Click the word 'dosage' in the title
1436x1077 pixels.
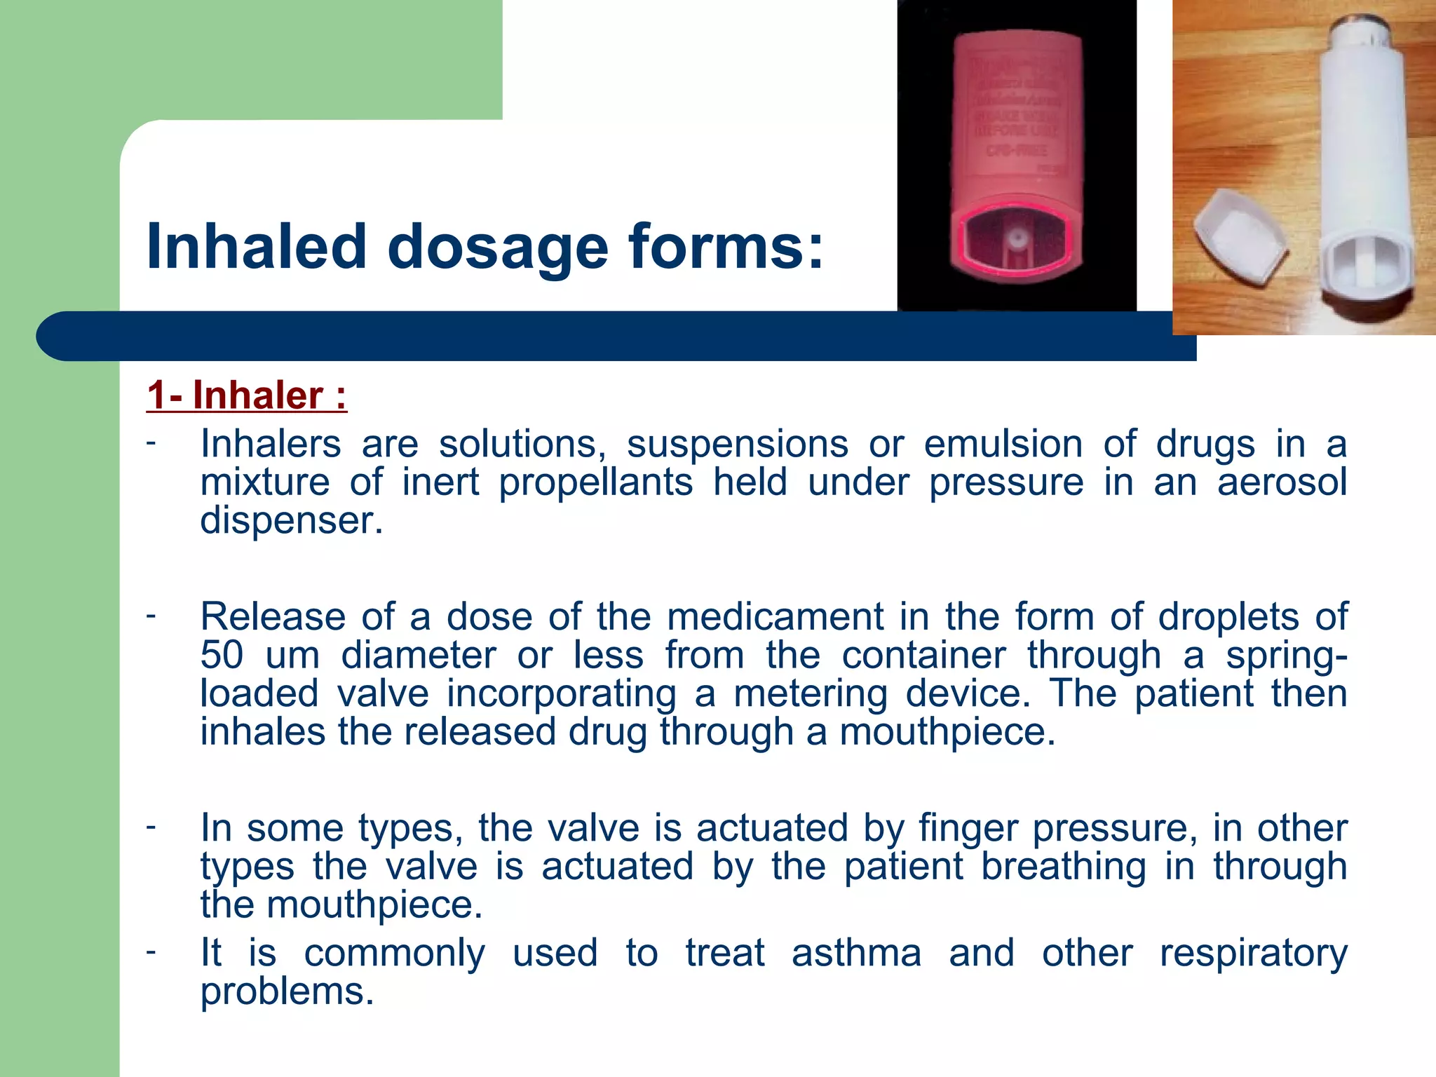pos(498,247)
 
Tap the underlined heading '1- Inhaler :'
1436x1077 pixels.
pos(247,395)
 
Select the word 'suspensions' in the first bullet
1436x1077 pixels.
pos(737,445)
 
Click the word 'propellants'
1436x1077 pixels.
pos(596,482)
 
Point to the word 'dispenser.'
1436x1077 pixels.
pos(292,520)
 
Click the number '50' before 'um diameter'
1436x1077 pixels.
pos(222,655)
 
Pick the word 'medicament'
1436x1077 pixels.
pos(775,617)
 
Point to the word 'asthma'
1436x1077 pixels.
pos(856,954)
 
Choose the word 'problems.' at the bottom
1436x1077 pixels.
pos(287,991)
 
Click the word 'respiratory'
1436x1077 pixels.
pos(1253,954)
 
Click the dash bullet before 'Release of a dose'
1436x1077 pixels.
pos(151,616)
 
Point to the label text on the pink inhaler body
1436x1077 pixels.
pos(1015,112)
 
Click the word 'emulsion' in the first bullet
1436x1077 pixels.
pos(1003,445)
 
